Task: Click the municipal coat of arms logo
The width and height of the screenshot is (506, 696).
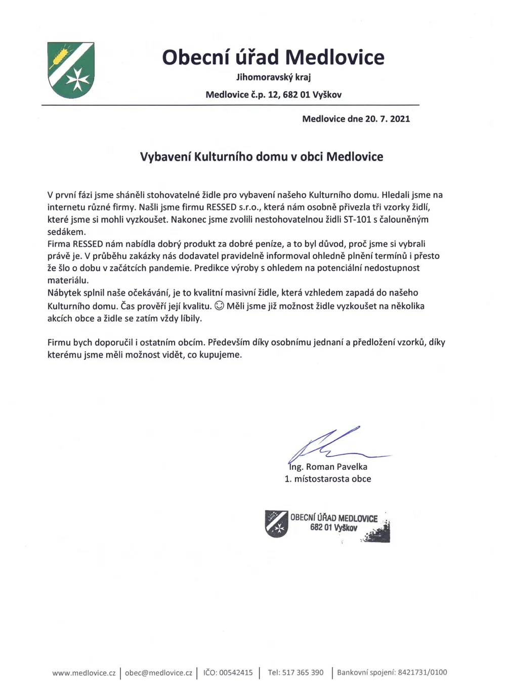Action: point(71,70)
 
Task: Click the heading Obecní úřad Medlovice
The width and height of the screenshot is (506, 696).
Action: point(273,57)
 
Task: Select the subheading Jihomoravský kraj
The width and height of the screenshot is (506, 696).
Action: point(273,77)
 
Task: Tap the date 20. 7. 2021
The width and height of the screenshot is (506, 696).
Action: point(387,119)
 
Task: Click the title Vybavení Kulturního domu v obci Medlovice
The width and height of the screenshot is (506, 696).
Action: point(261,157)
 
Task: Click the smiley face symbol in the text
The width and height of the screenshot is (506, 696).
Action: point(219,306)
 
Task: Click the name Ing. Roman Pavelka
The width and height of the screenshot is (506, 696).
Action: point(328,467)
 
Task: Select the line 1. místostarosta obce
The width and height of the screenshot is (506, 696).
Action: point(327,479)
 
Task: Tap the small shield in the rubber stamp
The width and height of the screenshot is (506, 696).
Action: point(276,523)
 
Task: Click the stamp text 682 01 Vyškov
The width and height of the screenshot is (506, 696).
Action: point(333,528)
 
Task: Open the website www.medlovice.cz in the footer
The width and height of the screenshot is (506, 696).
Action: point(83,673)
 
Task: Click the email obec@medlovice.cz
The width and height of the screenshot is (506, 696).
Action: point(158,673)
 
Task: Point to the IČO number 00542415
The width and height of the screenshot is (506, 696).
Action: point(236,673)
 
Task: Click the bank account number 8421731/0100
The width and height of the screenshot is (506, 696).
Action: point(423,673)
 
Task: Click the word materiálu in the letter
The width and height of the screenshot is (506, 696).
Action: point(68,280)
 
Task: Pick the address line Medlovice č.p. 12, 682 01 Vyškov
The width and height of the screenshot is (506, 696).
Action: point(273,95)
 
